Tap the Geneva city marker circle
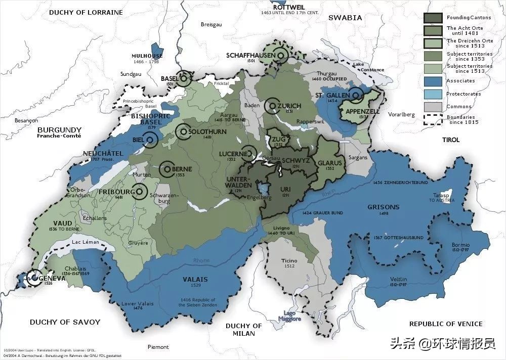[x=34, y=277]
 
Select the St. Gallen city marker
[x=356, y=95]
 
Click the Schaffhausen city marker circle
[x=281, y=54]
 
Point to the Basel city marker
[x=184, y=78]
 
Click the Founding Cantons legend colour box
[x=433, y=18]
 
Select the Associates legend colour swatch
[x=433, y=81]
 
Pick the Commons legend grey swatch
[x=433, y=107]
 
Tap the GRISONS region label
[x=384, y=207]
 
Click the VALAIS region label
[x=195, y=279]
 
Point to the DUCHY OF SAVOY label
[x=65, y=322]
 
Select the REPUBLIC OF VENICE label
[x=446, y=324]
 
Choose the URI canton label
[x=285, y=190]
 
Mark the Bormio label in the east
[x=460, y=245]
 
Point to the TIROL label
[x=450, y=140]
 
